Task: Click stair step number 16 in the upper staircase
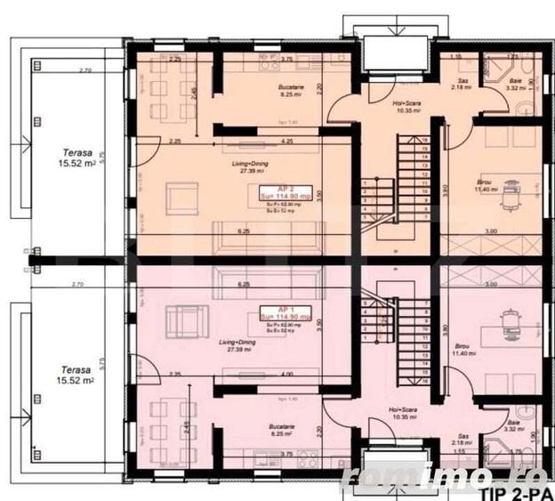[426, 140]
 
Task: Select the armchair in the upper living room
[184, 195]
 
